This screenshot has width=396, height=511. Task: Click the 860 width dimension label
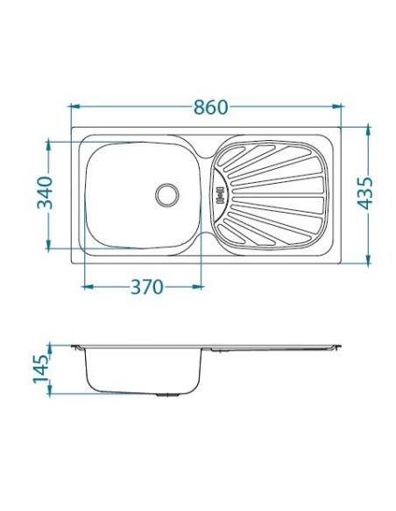coord(210,108)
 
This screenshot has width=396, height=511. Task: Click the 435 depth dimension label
coord(364,192)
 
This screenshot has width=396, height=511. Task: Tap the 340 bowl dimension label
coord(45,192)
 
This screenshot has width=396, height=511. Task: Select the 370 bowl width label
coord(146,287)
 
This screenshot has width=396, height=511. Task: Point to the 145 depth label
coord(41,369)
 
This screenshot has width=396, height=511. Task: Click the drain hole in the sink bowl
coord(167,195)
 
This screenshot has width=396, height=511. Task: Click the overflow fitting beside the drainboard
coord(220,195)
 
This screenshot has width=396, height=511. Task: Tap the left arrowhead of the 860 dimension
coord(75,106)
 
